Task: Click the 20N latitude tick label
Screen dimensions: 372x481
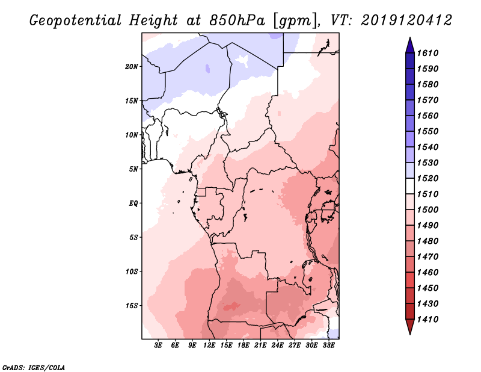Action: click(132, 66)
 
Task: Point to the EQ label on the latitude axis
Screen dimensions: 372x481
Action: click(133, 203)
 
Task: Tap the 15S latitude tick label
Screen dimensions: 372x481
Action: click(132, 306)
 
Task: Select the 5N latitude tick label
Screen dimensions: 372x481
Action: click(133, 169)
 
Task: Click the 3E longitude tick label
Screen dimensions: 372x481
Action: click(159, 346)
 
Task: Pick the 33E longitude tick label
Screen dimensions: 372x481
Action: click(328, 346)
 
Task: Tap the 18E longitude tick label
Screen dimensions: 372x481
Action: click(244, 346)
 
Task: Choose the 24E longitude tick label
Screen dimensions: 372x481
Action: click(277, 346)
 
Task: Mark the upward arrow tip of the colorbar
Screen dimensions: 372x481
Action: click(409, 39)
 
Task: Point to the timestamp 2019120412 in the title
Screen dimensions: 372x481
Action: click(406, 20)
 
